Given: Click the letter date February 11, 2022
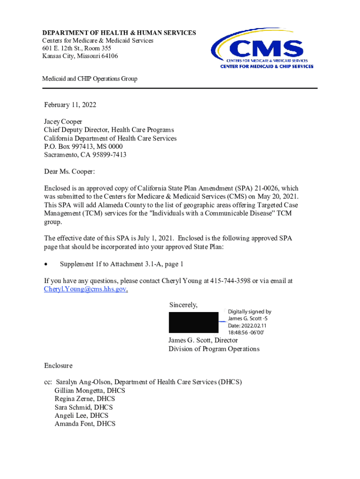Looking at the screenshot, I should pyautogui.click(x=70, y=105).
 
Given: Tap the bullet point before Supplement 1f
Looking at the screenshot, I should pyautogui.click(x=46, y=264).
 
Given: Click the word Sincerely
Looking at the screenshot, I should pyautogui.click(x=183, y=305).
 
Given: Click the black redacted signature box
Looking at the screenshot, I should pyautogui.click(x=194, y=323).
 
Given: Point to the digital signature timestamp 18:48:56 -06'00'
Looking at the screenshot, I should pyautogui.click(x=246, y=332).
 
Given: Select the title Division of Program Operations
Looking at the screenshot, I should pyautogui.click(x=214, y=349).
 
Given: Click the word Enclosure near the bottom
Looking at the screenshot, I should pyautogui.click(x=58, y=365).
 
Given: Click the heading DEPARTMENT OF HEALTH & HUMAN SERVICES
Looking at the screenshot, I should pyautogui.click(x=119, y=33).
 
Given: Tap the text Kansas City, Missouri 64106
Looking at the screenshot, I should pyautogui.click(x=80, y=56).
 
